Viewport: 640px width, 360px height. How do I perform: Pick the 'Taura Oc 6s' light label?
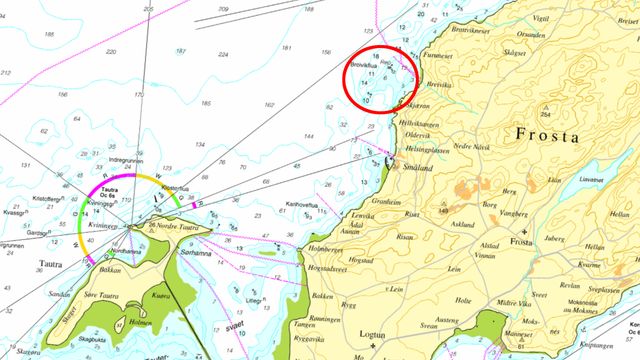tap(112, 164)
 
